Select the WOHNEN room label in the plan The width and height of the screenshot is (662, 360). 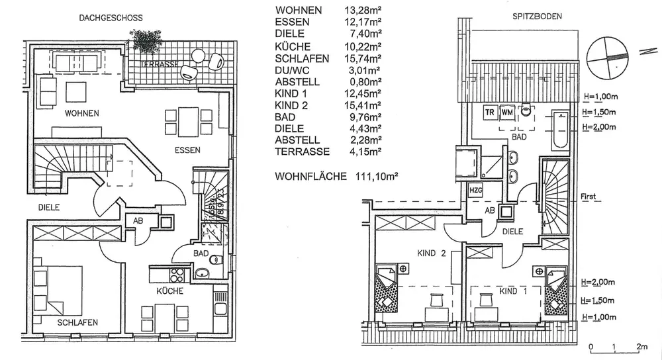[x=81, y=113]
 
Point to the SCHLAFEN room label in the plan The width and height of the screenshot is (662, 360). [x=77, y=322]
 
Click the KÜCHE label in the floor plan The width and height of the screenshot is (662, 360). [x=170, y=291]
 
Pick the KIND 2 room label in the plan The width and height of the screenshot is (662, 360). [x=432, y=252]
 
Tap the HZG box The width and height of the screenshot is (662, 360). [x=476, y=190]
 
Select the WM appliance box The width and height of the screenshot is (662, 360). [x=508, y=111]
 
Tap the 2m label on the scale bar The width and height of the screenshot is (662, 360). [x=640, y=347]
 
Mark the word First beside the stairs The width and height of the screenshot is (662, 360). [x=588, y=197]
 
